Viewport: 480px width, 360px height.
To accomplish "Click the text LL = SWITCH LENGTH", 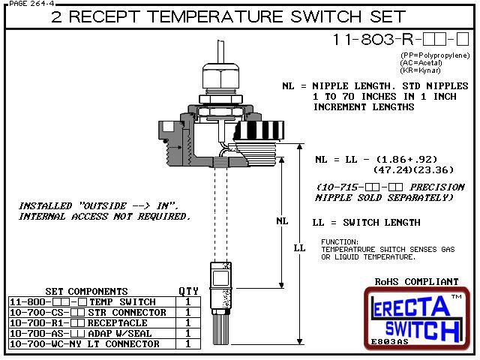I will (365, 222).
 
